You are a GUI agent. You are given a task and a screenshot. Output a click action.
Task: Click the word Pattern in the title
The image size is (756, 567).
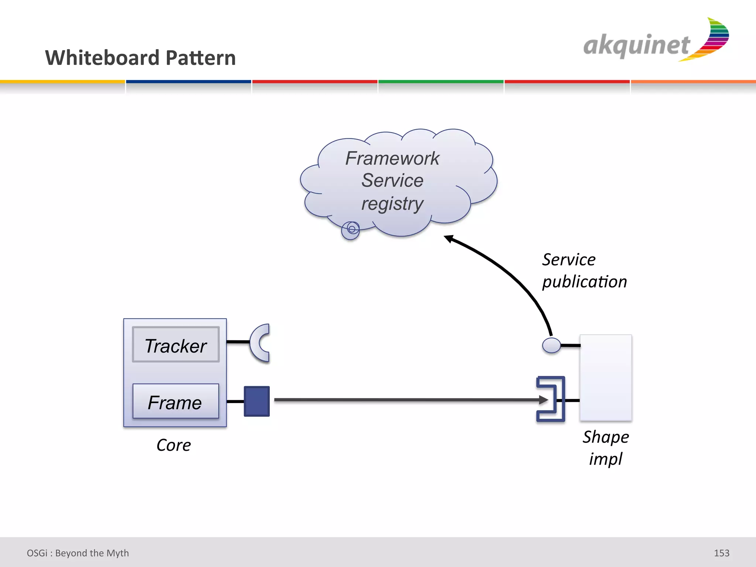click(200, 58)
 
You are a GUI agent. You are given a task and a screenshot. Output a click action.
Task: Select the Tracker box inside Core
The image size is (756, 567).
click(176, 345)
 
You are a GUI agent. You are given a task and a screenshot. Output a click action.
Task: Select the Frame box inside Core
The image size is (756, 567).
click(176, 401)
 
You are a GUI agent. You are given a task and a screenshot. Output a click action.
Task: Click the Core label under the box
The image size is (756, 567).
click(173, 445)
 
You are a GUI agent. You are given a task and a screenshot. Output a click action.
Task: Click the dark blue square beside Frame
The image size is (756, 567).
click(257, 401)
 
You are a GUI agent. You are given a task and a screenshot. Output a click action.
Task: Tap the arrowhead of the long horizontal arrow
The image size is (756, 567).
click(543, 400)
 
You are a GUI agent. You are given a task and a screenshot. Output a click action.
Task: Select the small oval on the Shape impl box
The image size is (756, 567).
click(551, 346)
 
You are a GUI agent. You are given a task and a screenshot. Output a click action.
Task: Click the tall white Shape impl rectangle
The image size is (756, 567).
click(606, 377)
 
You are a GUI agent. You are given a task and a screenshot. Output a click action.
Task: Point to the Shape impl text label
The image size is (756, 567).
click(606, 448)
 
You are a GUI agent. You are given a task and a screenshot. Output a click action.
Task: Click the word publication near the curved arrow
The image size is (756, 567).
click(584, 282)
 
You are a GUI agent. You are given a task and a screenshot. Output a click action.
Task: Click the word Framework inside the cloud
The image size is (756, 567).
click(392, 158)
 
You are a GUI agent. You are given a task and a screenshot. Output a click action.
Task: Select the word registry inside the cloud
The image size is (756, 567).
click(392, 204)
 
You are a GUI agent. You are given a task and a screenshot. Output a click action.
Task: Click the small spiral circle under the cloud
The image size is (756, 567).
click(351, 230)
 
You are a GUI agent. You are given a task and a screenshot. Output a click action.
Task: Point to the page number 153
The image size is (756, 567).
click(721, 553)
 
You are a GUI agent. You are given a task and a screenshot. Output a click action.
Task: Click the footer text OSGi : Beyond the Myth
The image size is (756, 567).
click(78, 553)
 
